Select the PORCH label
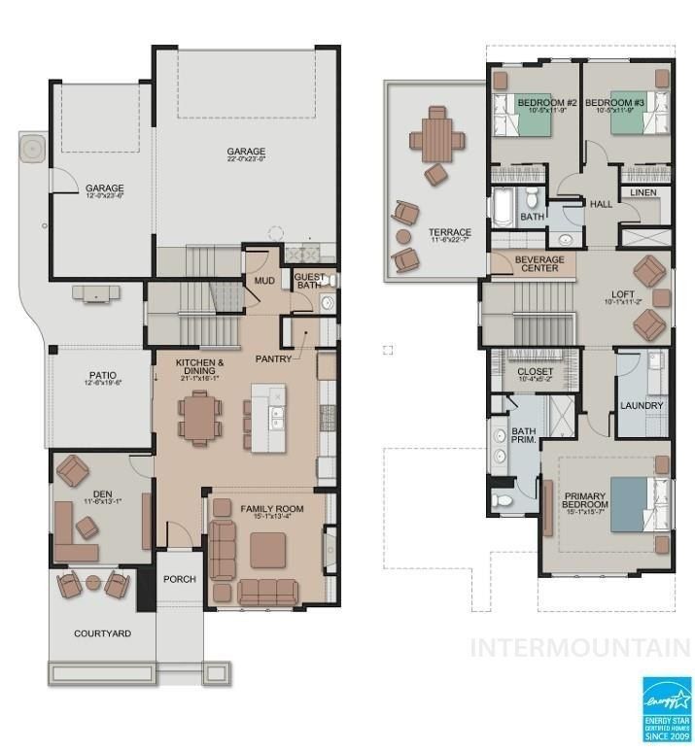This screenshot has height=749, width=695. tap(180, 580)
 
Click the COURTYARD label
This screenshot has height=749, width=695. tap(102, 634)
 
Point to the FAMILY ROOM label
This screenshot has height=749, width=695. tap(271, 508)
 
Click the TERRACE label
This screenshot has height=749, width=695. tap(450, 232)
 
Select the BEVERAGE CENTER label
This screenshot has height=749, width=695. tap(538, 262)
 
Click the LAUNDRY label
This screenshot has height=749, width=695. tap(641, 406)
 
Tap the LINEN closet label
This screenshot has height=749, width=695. tap(643, 193)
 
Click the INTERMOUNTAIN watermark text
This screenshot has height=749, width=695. tap(580, 646)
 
